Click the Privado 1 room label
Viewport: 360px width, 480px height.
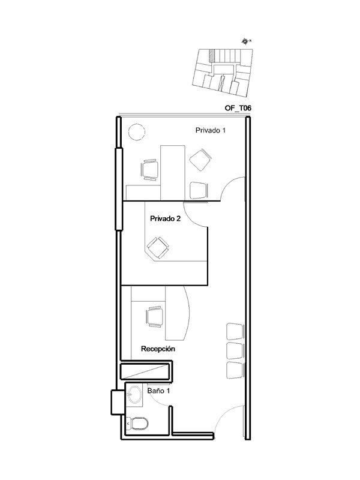pyautogui.click(x=211, y=130)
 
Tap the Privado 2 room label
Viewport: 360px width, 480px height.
pyautogui.click(x=166, y=218)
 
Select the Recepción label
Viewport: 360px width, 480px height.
pyautogui.click(x=158, y=349)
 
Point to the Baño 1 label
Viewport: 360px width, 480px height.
pyautogui.click(x=158, y=391)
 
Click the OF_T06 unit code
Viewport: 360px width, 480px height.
pyautogui.click(x=238, y=108)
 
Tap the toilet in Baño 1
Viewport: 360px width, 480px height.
pyautogui.click(x=137, y=423)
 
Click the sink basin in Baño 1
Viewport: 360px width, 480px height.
pyautogui.click(x=134, y=394)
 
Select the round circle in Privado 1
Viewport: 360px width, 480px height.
pyautogui.click(x=136, y=132)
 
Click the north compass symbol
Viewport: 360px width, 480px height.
pyautogui.click(x=245, y=41)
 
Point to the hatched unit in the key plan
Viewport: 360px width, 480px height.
pyautogui.click(x=211, y=55)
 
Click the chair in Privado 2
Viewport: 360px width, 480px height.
pyautogui.click(x=158, y=247)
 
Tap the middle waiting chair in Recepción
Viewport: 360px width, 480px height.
pyautogui.click(x=235, y=350)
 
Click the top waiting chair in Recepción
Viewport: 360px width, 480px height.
pyautogui.click(x=235, y=332)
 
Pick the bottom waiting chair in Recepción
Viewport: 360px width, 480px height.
pyautogui.click(x=235, y=370)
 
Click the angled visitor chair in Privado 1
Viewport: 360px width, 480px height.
pyautogui.click(x=200, y=160)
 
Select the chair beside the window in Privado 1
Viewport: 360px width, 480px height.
pyautogui.click(x=149, y=170)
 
